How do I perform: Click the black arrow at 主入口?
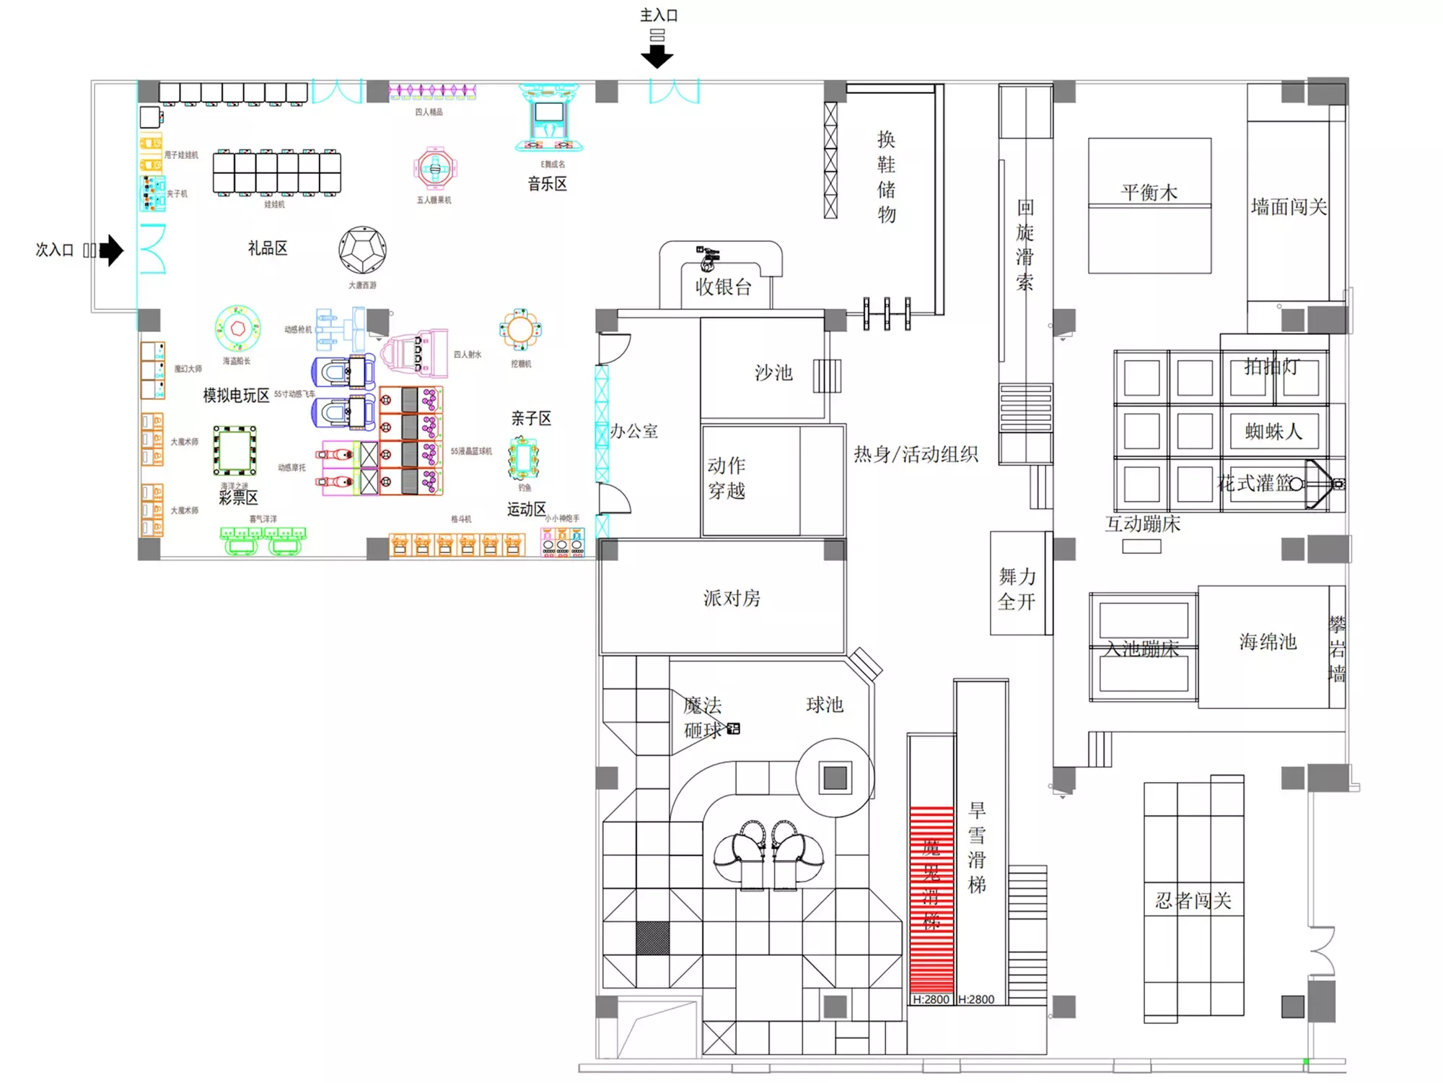click(x=657, y=56)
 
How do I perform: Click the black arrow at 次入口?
click(x=112, y=251)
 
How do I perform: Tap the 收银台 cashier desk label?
click(x=723, y=287)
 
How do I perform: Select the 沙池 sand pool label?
click(x=773, y=373)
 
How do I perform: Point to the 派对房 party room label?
click(x=732, y=598)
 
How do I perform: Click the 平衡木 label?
click(x=1149, y=192)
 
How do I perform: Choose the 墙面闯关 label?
click(x=1289, y=207)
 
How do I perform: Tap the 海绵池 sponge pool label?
click(x=1268, y=641)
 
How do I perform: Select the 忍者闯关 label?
click(x=1193, y=900)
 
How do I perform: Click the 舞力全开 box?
click(x=1017, y=588)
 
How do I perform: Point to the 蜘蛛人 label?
click(x=1273, y=431)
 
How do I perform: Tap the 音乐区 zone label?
click(x=547, y=184)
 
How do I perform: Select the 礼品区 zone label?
click(x=268, y=248)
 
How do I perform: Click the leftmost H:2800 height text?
click(x=931, y=999)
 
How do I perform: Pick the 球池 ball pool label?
click(x=824, y=704)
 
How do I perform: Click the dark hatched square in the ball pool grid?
click(x=652, y=937)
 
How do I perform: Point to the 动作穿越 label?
click(x=727, y=478)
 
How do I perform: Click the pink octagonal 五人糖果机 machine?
click(x=434, y=169)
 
